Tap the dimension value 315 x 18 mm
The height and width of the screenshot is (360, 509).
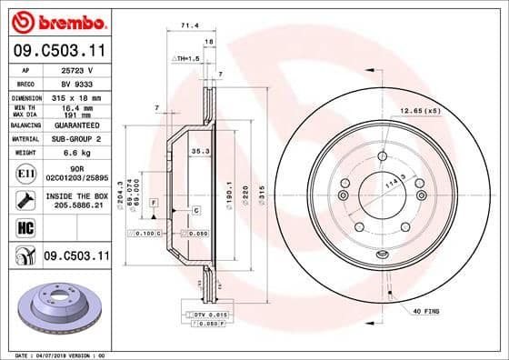coord(75,96)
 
